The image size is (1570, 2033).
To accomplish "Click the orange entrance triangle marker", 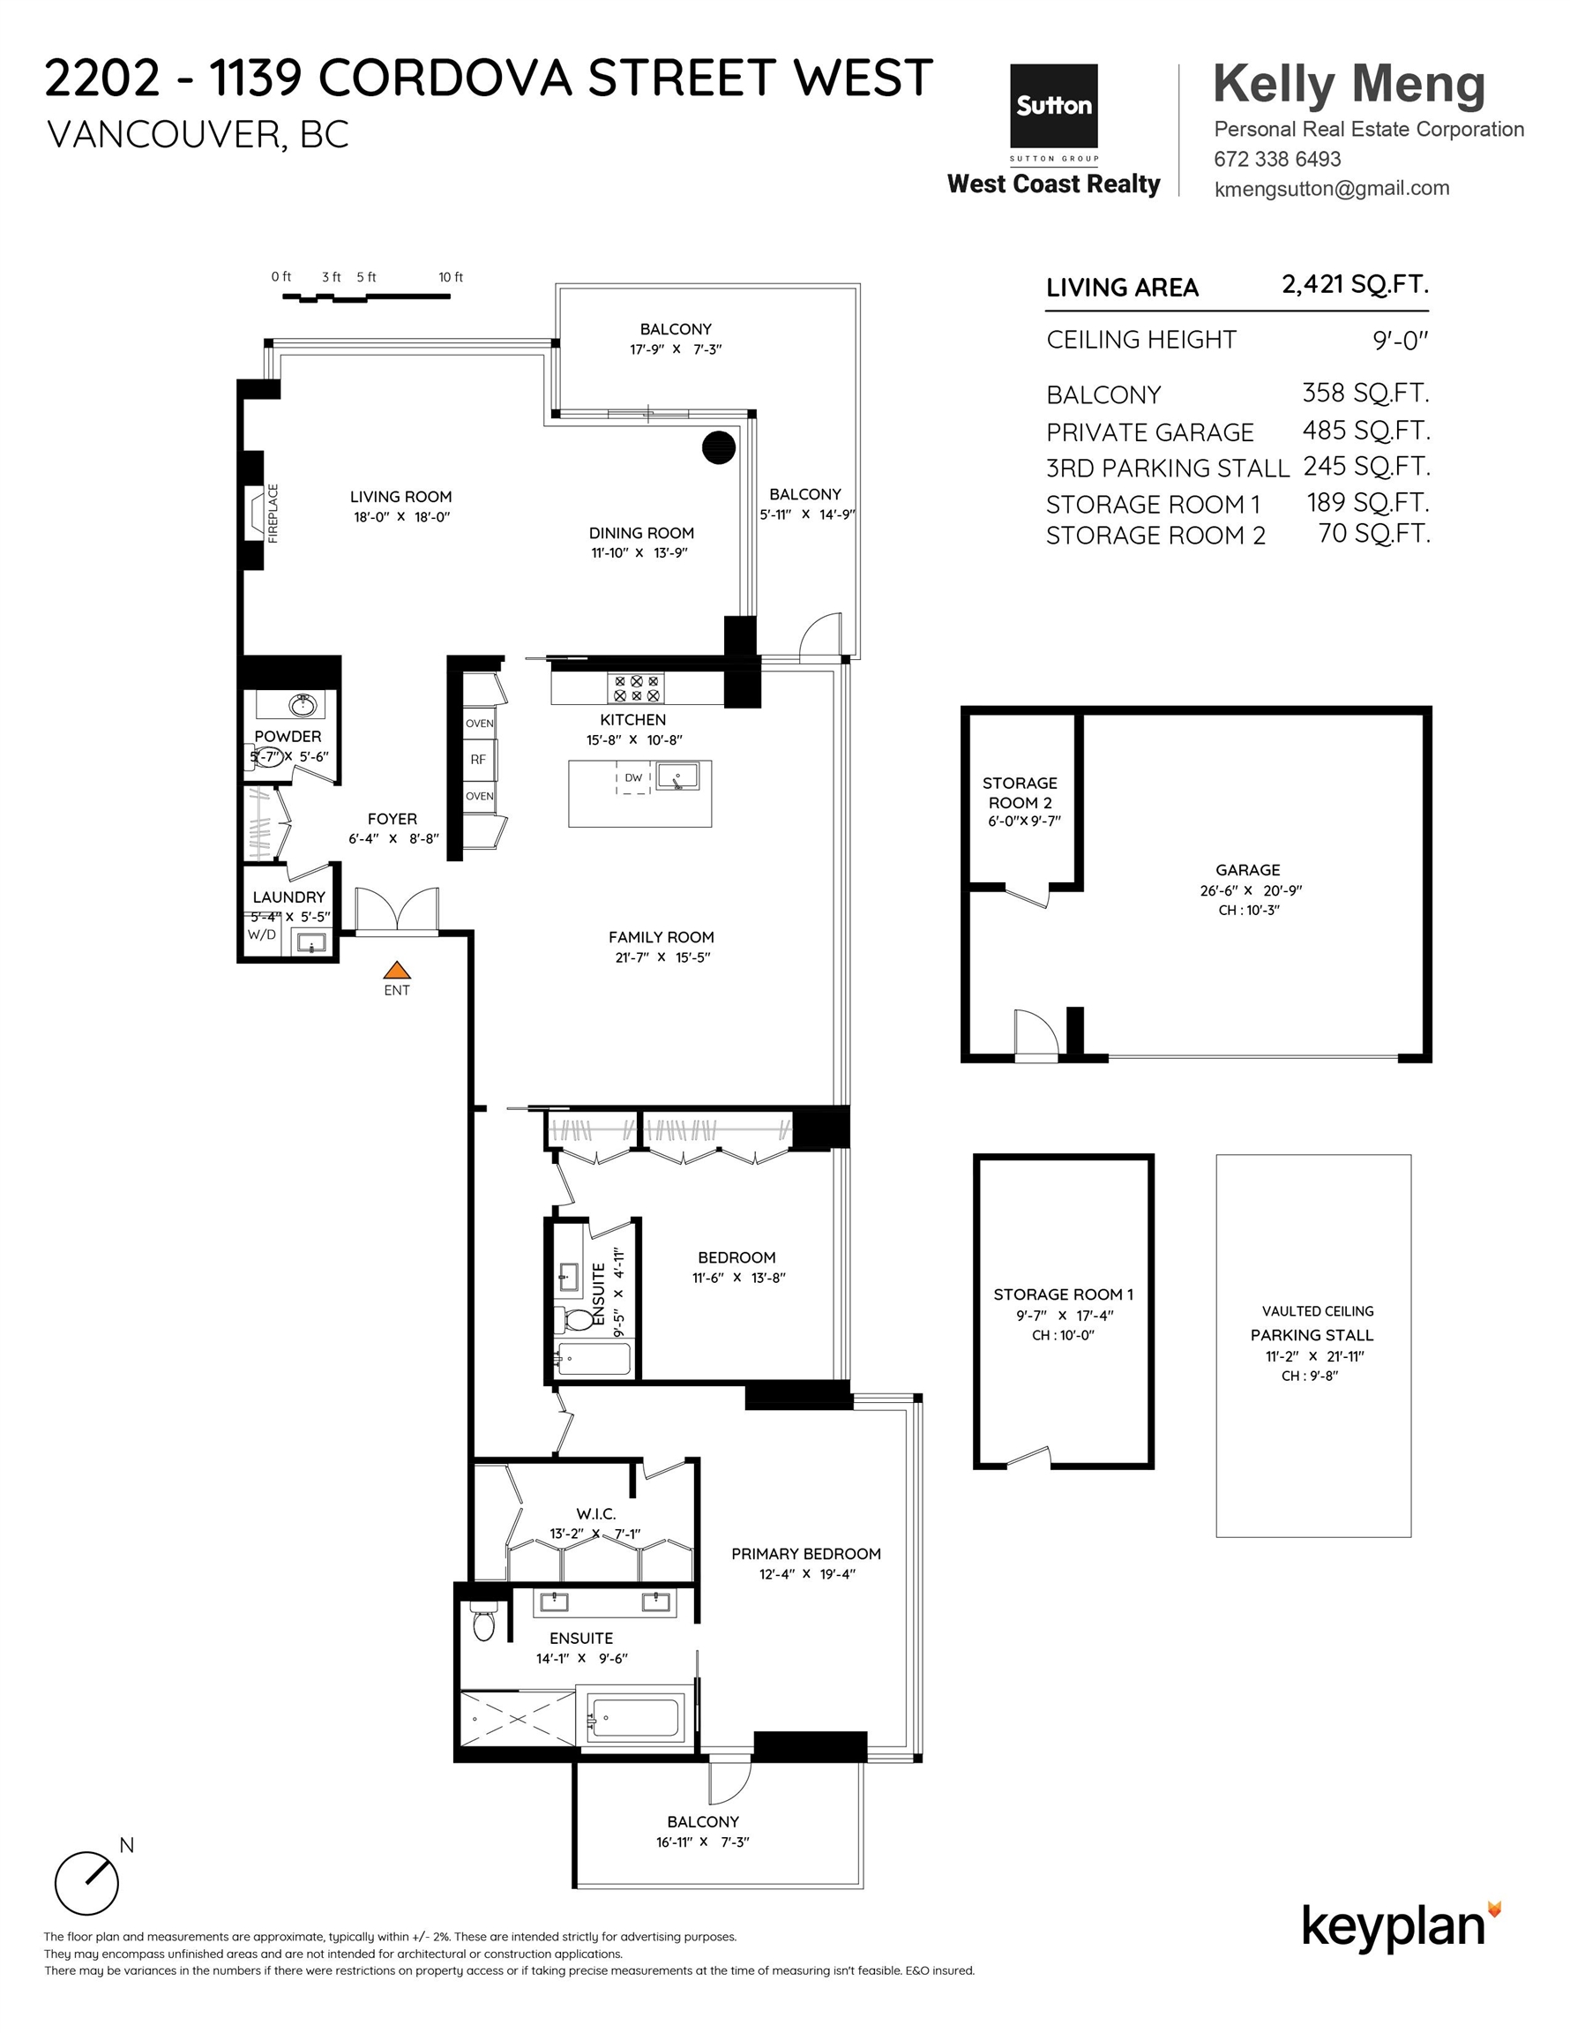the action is (x=396, y=970).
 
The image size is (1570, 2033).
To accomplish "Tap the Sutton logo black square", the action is (x=1053, y=105).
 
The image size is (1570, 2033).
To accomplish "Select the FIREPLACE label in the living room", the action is (x=273, y=513).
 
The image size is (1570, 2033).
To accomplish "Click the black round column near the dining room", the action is (x=719, y=447).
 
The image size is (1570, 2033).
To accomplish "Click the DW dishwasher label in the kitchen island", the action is (x=632, y=777).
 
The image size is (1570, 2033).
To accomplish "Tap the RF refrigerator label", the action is (x=477, y=760).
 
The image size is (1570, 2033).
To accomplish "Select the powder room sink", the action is (x=303, y=705).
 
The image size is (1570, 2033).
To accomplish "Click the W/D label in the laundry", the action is (x=261, y=934).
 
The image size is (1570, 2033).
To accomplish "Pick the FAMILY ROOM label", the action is (x=662, y=937).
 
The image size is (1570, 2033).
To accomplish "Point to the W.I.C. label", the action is (x=595, y=1514).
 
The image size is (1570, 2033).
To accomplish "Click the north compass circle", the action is (x=86, y=1883).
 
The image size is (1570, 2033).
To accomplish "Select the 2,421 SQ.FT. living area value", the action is (x=1355, y=284).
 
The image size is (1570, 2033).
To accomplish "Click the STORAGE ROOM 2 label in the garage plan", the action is (x=1020, y=793).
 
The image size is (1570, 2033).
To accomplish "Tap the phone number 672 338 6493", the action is (x=1277, y=159).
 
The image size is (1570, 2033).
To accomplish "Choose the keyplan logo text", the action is (x=1394, y=1926).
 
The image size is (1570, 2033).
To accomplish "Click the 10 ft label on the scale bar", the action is (x=451, y=277).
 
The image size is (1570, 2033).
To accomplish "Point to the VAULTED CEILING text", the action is (x=1317, y=1311).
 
